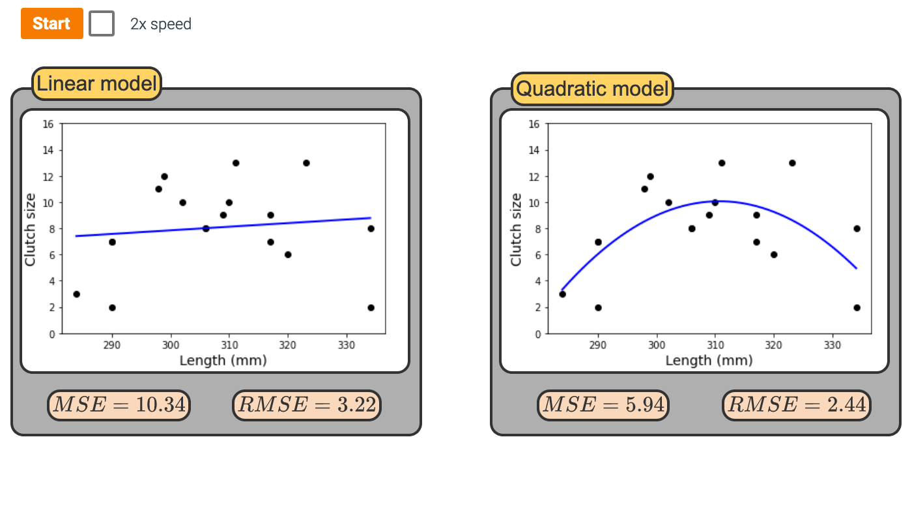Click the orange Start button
(51, 23)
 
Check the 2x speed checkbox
(102, 23)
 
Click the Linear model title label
(96, 83)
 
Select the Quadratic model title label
(592, 89)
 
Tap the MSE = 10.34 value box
(119, 405)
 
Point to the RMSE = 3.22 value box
(307, 405)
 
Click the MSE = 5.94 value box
(603, 405)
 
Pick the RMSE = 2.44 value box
(797, 405)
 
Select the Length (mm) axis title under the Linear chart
(223, 360)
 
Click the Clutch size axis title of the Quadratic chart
(516, 229)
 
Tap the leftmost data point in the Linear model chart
(76, 294)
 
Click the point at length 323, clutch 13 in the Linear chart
(306, 163)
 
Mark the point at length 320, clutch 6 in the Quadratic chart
(774, 255)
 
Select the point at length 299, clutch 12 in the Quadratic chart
(650, 176)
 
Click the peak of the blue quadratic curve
(721, 201)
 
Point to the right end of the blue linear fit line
(370, 218)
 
